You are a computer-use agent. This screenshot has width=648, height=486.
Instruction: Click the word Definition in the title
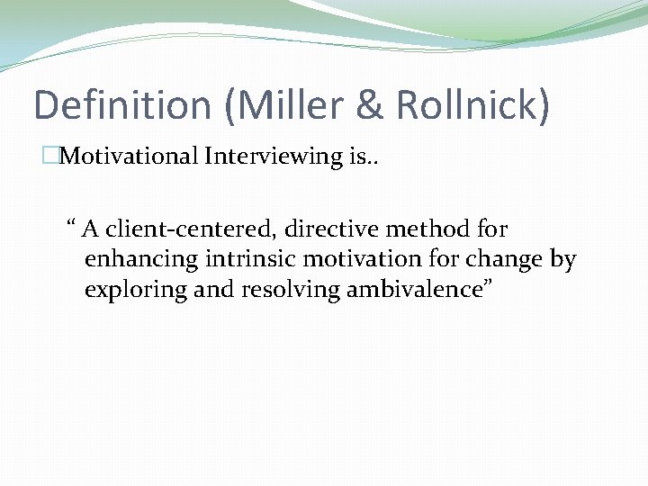point(121,104)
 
